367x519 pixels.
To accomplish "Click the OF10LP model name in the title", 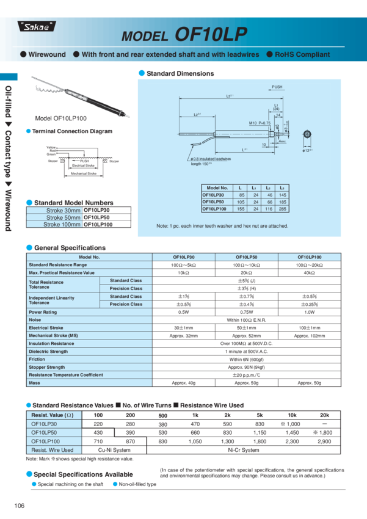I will point(211,35).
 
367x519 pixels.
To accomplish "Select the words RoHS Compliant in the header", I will point(302,54).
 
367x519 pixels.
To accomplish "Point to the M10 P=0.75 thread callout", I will point(260,123).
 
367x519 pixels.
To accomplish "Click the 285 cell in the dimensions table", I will point(282,209).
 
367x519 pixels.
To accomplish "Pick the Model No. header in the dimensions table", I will point(217,188).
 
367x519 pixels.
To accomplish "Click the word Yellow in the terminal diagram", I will point(51,148).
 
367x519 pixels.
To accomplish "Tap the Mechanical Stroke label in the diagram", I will point(84,173).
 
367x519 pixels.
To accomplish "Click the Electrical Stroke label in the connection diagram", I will point(84,165).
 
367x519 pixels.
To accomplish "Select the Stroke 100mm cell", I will point(63,224).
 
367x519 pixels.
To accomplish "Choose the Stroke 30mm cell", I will point(63,211).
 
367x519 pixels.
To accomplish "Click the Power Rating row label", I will point(43,312).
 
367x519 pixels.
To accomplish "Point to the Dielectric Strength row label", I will point(48,352).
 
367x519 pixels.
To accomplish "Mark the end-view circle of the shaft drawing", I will point(307,134).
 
